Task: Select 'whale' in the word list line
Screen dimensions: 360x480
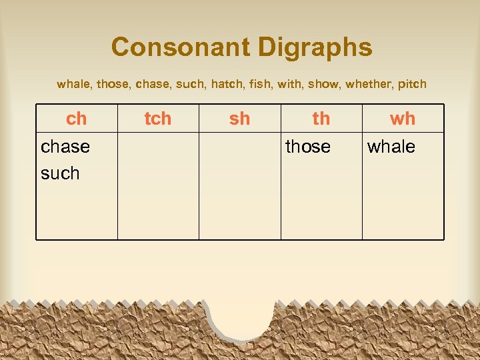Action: (x=74, y=84)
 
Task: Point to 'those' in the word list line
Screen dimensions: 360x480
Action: (x=114, y=84)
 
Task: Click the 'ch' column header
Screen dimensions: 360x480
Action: (x=77, y=119)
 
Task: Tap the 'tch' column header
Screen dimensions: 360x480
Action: (x=158, y=119)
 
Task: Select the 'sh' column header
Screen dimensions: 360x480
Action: (x=239, y=119)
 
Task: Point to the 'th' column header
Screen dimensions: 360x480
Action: (x=321, y=119)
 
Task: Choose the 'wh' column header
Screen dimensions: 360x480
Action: (x=403, y=119)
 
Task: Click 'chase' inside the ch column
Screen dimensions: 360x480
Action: (x=65, y=147)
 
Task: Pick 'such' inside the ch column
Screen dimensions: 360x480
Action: (x=60, y=173)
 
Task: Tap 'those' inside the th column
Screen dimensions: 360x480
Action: (x=308, y=147)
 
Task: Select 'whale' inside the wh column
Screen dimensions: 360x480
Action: (x=391, y=147)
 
